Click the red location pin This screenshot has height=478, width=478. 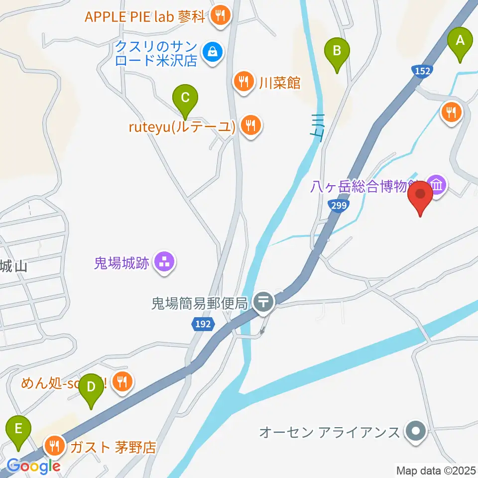pyautogui.click(x=421, y=196)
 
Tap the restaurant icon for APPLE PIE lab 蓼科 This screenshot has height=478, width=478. pyautogui.click(x=220, y=16)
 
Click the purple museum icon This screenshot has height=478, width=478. pyautogui.click(x=437, y=186)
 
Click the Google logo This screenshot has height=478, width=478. pyautogui.click(x=33, y=466)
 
